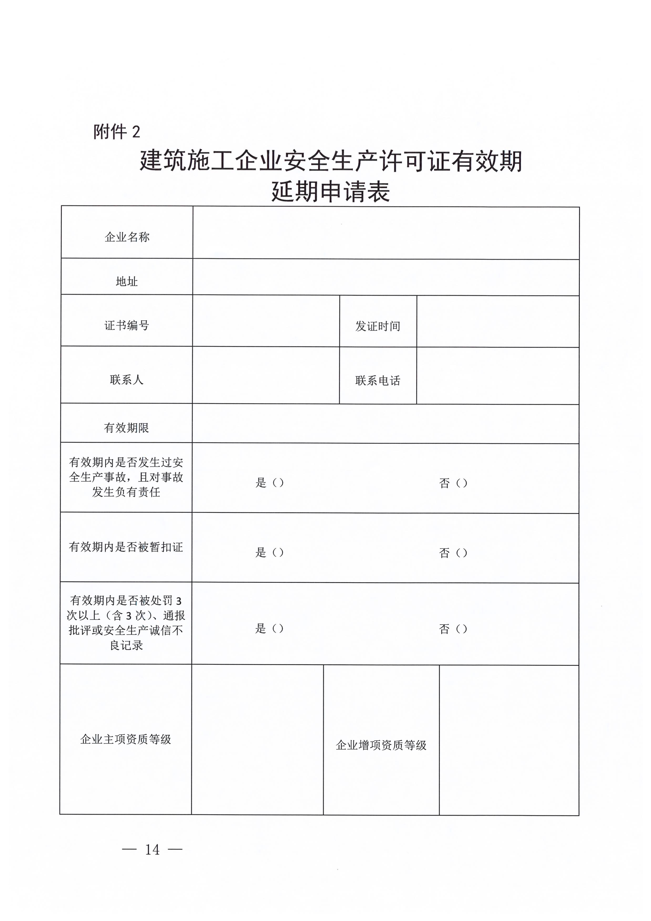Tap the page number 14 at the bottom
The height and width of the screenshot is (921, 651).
[152, 849]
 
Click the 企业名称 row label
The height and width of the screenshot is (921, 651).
[127, 237]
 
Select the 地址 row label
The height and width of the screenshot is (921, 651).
[127, 282]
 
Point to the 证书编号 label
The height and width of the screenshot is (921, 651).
[127, 325]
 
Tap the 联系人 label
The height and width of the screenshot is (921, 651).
[127, 379]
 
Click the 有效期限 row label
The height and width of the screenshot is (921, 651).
[127, 428]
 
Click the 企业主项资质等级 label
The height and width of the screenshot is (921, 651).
[126, 739]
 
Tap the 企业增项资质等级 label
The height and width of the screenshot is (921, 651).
[381, 745]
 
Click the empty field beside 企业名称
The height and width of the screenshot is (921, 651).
[386, 233]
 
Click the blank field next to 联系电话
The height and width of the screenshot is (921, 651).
[497, 376]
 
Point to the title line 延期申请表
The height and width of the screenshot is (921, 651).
[331, 192]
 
